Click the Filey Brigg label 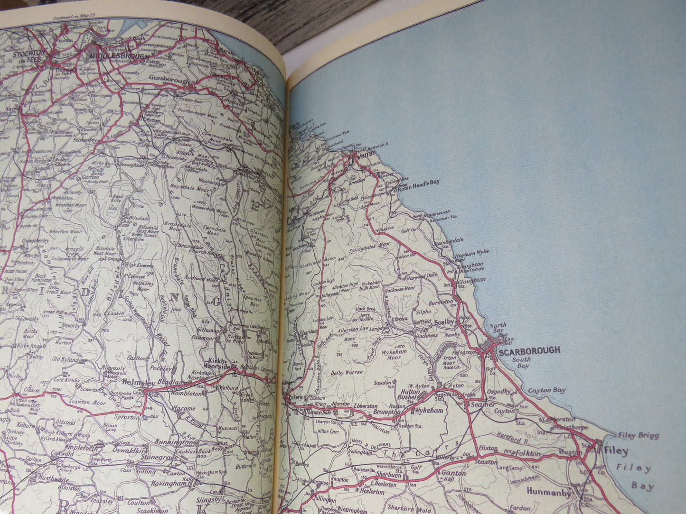tap(639, 435)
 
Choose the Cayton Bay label tap(546, 390)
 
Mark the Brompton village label tap(387, 413)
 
